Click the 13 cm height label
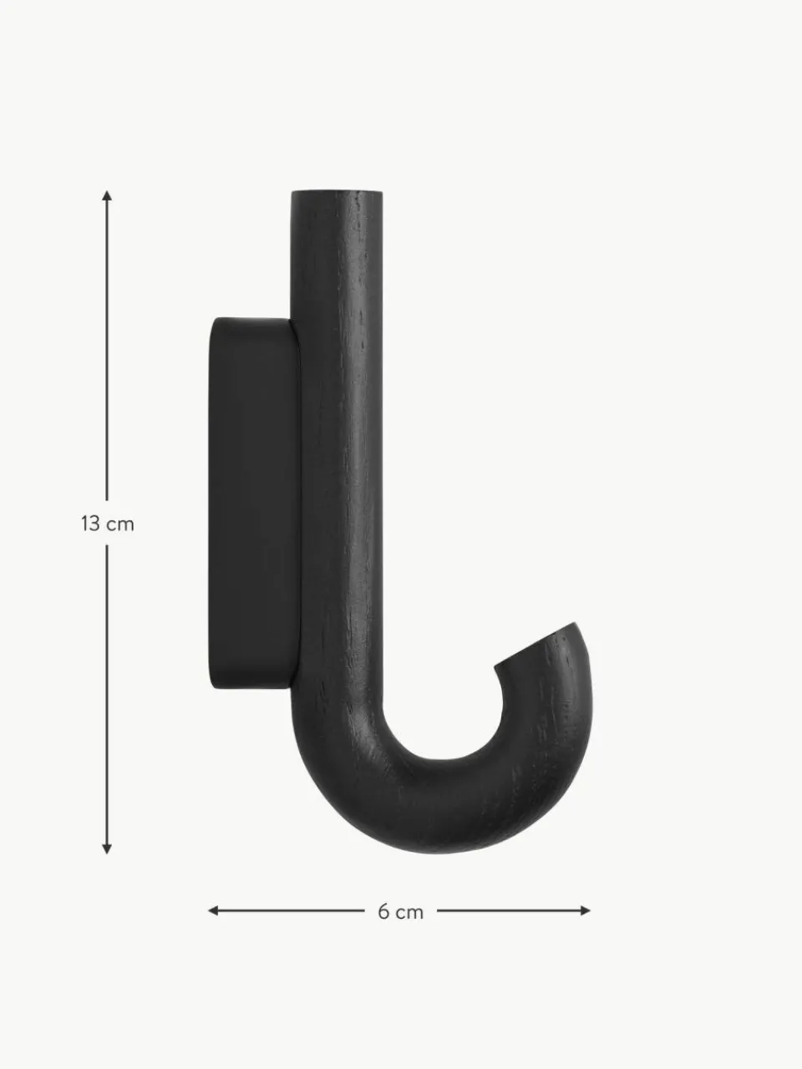107,524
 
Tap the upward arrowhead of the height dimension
107,195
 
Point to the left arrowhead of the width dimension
213,910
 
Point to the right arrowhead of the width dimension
585,910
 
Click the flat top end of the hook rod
337,193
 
